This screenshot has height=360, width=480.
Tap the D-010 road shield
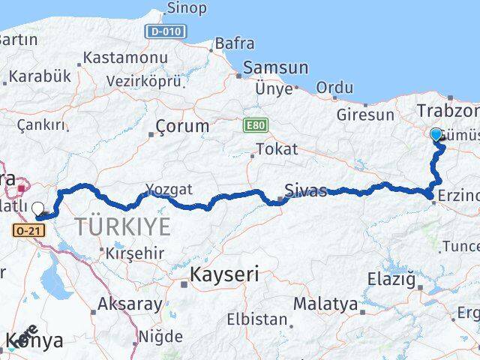166,31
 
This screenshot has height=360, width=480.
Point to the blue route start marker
436,134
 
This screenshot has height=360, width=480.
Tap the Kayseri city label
224,274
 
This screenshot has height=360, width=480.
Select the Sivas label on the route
306,190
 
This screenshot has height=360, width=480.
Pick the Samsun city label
275,67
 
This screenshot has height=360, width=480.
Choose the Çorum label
183,126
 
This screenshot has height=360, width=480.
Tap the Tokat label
276,149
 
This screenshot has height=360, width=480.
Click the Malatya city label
325,304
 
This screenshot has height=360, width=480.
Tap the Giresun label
365,115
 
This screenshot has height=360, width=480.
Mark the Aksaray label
130,304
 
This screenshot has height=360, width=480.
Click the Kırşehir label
136,253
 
